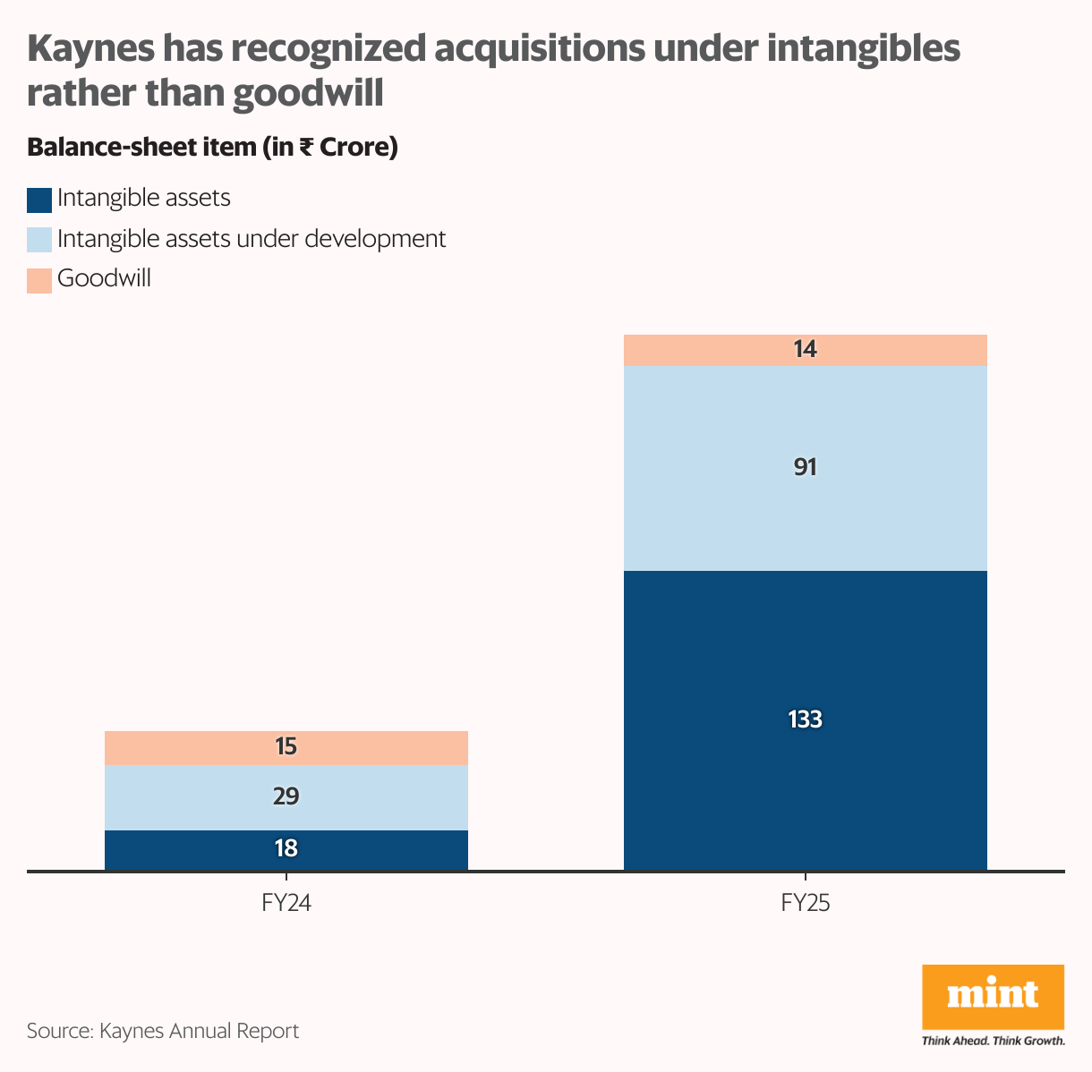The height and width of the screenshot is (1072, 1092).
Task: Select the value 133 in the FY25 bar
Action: [x=805, y=719]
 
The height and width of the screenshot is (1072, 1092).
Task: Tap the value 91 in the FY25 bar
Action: [x=805, y=467]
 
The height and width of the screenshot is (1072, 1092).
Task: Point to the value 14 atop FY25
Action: [x=805, y=350]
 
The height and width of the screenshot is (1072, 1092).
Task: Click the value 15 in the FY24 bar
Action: [x=286, y=747]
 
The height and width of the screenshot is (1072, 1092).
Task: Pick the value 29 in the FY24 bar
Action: [x=286, y=796]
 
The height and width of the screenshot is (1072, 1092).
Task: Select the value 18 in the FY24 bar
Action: [x=286, y=848]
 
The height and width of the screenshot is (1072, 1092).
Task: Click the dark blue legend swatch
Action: [x=39, y=200]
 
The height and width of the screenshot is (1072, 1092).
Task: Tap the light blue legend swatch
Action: [x=39, y=240]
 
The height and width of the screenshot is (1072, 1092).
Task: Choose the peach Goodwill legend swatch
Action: [x=39, y=280]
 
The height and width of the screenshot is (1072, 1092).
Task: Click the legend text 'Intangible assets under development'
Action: [x=251, y=239]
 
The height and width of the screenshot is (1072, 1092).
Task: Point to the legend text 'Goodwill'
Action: [x=104, y=278]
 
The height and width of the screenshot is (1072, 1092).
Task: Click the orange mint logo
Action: [x=993, y=997]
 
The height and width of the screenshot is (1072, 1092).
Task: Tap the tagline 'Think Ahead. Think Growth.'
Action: [x=993, y=1041]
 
